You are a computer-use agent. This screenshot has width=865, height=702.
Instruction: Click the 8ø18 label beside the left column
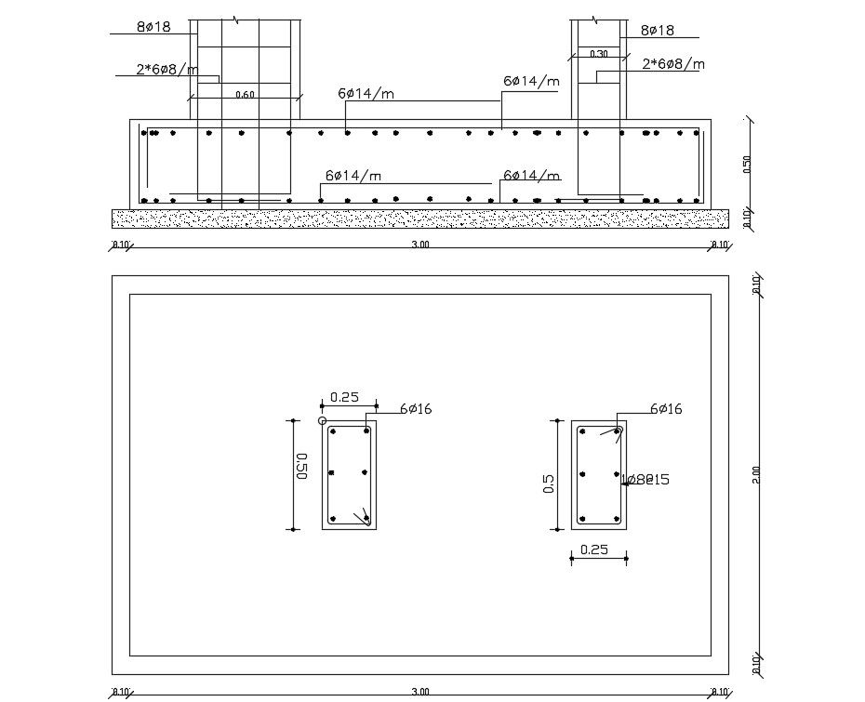click(x=153, y=27)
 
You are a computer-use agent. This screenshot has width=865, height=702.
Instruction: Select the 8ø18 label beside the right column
click(x=658, y=31)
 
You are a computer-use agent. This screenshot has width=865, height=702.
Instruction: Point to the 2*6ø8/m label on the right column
click(x=673, y=64)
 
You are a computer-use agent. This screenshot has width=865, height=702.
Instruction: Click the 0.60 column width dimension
click(x=245, y=95)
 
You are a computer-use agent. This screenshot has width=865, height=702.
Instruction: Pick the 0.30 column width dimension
click(x=599, y=54)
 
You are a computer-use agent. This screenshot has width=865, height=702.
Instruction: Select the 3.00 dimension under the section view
click(x=420, y=245)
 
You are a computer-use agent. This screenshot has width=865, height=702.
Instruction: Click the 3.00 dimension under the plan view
click(x=420, y=692)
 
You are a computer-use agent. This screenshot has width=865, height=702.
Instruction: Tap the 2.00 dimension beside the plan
click(x=756, y=474)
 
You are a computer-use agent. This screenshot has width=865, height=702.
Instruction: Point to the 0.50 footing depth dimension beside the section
click(x=747, y=164)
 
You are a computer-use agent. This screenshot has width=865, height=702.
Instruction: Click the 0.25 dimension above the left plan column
click(x=344, y=397)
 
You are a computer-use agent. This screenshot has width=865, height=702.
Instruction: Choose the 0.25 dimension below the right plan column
click(x=593, y=550)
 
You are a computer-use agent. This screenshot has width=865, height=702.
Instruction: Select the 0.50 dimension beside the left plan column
click(x=301, y=465)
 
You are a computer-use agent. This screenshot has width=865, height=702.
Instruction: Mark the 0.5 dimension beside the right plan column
click(x=549, y=483)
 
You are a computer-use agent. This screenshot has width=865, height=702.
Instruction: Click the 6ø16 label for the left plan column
click(x=416, y=409)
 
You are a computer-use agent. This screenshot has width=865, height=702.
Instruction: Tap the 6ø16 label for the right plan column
click(x=665, y=409)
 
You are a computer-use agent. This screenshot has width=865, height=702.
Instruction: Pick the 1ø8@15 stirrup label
click(x=645, y=480)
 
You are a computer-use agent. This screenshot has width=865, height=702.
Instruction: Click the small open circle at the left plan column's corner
click(x=323, y=421)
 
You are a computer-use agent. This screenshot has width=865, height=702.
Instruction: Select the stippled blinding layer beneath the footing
click(x=419, y=219)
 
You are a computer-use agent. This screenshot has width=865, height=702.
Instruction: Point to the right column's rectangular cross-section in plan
click(x=598, y=475)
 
